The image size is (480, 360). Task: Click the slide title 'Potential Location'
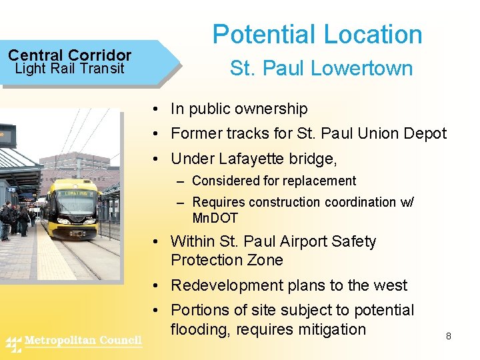tap(317, 35)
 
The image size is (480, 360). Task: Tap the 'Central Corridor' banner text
tap(69, 55)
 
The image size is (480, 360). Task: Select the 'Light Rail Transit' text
tap(69, 68)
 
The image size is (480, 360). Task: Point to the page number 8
tap(449, 336)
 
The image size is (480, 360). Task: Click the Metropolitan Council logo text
tap(83, 341)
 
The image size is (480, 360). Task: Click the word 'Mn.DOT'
tap(215, 218)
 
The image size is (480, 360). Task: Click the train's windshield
tap(74, 200)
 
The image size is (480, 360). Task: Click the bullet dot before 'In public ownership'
tap(154, 109)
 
